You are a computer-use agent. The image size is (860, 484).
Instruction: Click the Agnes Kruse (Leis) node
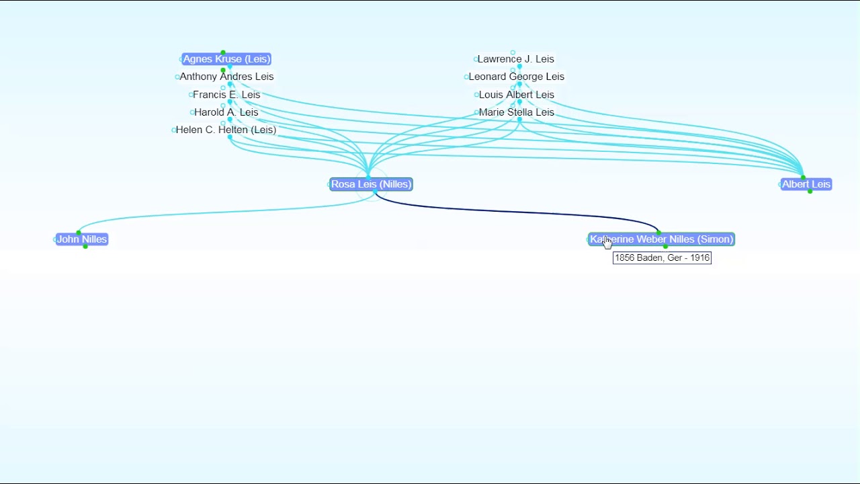pos(226,59)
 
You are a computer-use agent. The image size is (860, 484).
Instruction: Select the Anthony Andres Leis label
pos(226,77)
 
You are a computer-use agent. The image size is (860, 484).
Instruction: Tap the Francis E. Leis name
pos(226,95)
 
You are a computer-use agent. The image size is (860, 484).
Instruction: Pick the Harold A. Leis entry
pos(226,112)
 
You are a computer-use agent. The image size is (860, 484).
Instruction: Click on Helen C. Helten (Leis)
pos(226,130)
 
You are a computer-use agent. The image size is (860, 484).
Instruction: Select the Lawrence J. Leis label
pos(515,59)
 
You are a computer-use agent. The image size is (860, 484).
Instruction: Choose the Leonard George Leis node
pos(516,77)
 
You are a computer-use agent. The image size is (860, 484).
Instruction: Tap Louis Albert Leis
pos(516,95)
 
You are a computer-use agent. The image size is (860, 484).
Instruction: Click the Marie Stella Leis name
pos(516,112)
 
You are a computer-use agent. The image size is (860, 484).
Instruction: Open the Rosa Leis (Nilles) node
pos(371,184)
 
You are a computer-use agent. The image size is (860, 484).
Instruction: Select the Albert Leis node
pos(806,184)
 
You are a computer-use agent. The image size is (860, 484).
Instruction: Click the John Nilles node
pos(81,239)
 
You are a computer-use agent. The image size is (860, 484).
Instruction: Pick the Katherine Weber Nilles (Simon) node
pos(662,239)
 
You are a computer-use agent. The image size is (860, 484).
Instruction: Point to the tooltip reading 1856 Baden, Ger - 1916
pos(662,257)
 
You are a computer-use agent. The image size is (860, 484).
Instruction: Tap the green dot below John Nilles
pos(85,247)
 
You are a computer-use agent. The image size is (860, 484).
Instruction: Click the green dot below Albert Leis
pos(810,192)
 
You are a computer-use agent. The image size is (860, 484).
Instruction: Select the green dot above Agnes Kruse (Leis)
pos(222,52)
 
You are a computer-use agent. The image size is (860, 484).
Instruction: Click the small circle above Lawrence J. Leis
pos(513,52)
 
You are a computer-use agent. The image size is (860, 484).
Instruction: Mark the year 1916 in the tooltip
pos(699,257)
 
